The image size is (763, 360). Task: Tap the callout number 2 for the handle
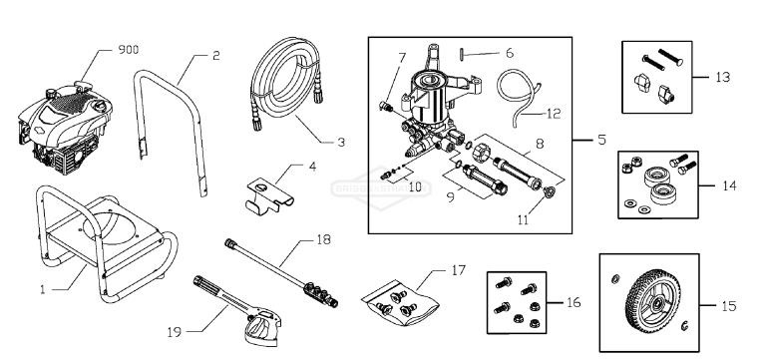(215, 56)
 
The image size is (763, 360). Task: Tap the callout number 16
(572, 300)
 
